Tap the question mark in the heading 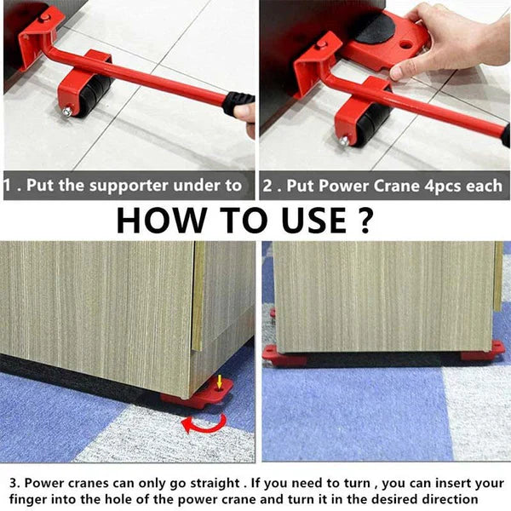tap(362, 220)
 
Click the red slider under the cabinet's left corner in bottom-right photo tap(282, 355)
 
